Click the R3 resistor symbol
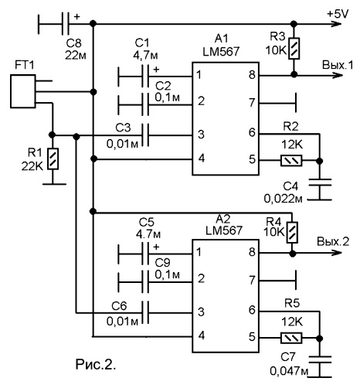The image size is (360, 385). [x=294, y=49]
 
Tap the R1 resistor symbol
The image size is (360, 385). [x=53, y=158]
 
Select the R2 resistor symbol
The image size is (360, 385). [x=291, y=161]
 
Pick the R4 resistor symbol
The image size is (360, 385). [x=292, y=233]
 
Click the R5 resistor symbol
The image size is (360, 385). [x=291, y=338]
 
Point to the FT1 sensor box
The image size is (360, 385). [x=23, y=91]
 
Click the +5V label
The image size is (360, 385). [x=338, y=14]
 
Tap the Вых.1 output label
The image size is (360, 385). [x=338, y=65]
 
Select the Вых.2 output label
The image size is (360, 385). [x=333, y=242]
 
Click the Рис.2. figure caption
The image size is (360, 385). [x=96, y=365]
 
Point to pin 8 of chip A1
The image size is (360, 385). [x=252, y=75]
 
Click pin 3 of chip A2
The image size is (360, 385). [x=201, y=312]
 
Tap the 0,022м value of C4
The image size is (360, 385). [x=283, y=199]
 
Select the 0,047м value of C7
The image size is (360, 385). [x=289, y=371]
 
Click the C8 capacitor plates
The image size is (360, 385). [x=66, y=24]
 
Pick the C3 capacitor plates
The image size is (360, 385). [x=145, y=135]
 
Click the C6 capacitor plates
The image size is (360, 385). [x=145, y=312]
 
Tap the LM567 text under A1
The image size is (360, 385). [x=221, y=52]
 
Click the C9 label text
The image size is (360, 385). [x=163, y=263]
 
